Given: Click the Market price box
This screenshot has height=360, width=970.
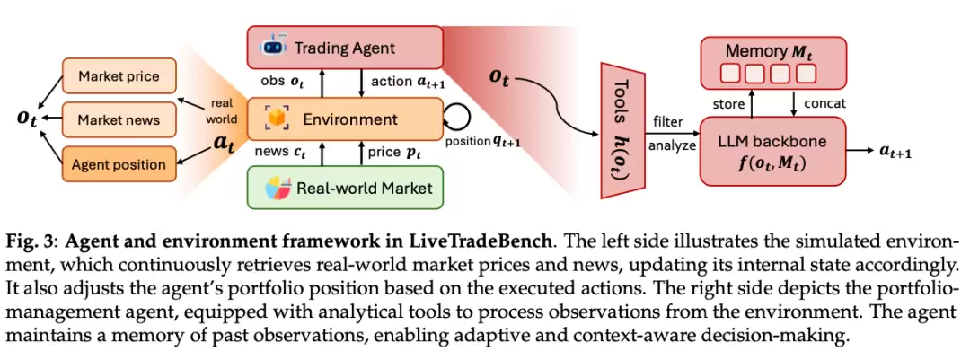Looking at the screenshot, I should [x=118, y=76].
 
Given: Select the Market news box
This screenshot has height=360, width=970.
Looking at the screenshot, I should [x=118, y=119].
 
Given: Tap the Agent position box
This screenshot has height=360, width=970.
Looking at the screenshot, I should [x=118, y=164].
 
